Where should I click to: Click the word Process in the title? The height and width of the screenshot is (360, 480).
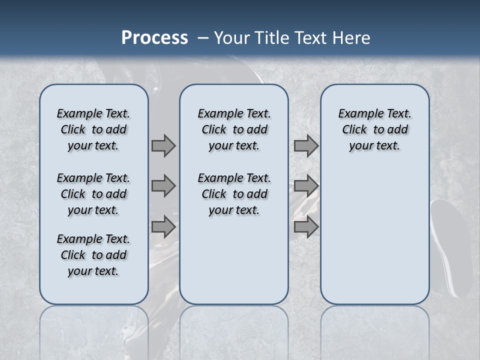[x=154, y=37]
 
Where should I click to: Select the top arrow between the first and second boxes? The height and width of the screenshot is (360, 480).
[x=163, y=145]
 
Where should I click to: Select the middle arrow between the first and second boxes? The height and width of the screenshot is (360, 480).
[x=163, y=186]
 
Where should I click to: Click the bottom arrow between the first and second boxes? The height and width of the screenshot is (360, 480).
[x=163, y=226]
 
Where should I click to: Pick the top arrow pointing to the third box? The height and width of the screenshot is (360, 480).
[x=306, y=145]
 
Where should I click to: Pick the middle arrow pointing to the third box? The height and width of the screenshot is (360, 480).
[x=306, y=186]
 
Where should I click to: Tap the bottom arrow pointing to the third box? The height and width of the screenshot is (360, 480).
[x=306, y=226]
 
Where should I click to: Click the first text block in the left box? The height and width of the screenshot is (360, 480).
[x=93, y=129]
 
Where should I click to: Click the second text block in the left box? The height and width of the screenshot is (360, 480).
[x=93, y=194]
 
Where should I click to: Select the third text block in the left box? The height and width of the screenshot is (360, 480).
[x=93, y=255]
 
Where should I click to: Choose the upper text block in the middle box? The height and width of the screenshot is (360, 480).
[x=234, y=129]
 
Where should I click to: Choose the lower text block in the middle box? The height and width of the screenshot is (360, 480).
[x=234, y=194]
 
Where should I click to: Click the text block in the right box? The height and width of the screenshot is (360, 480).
[x=374, y=129]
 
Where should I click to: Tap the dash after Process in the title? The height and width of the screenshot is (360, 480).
[x=203, y=38]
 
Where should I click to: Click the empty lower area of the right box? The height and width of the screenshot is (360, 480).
[x=374, y=240]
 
